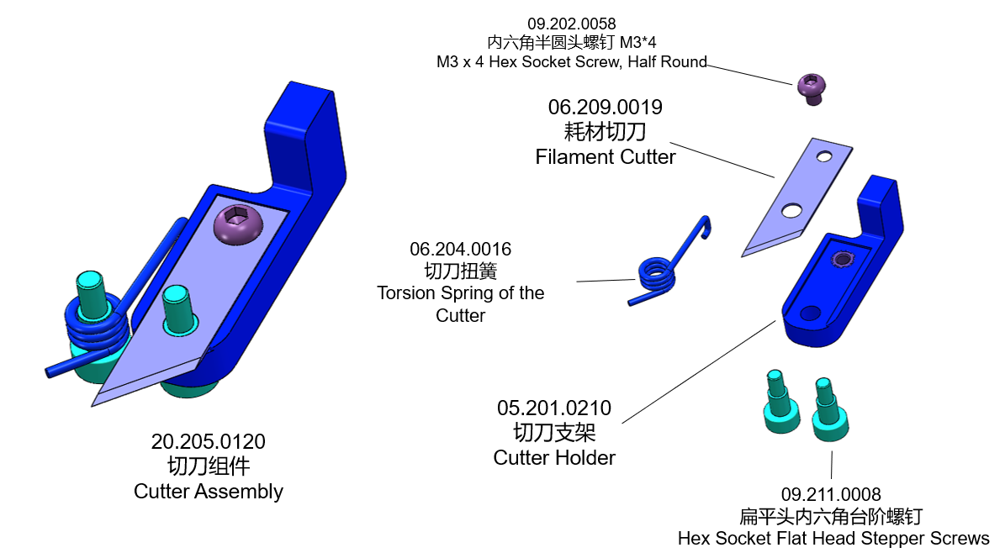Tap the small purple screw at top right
tap(810, 87)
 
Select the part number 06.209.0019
tap(605, 108)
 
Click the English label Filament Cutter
tap(605, 157)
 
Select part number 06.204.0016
tap(460, 250)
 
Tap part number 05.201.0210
tap(554, 408)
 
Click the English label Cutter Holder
tap(554, 458)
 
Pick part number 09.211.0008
tap(831, 495)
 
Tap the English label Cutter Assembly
tap(208, 492)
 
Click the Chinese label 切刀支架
tap(554, 434)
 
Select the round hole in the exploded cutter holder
tap(810, 313)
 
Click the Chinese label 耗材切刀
tap(605, 132)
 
